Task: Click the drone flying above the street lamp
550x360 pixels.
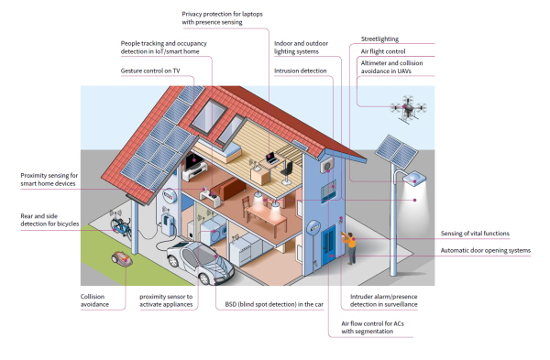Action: pyautogui.click(x=408, y=108)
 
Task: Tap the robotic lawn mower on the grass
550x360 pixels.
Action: pyautogui.click(x=122, y=258)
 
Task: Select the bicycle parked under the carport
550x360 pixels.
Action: pyautogui.click(x=121, y=227)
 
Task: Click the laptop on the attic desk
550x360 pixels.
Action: pyautogui.click(x=271, y=158)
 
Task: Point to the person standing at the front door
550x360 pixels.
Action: pyautogui.click(x=350, y=247)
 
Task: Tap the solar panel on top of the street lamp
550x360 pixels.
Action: pyautogui.click(x=396, y=151)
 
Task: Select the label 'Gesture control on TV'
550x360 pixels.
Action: pyautogui.click(x=150, y=71)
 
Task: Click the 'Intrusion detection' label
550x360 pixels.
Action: pyautogui.click(x=301, y=71)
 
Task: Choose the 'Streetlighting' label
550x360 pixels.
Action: pyautogui.click(x=379, y=38)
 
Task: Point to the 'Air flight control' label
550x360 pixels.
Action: pyautogui.click(x=383, y=51)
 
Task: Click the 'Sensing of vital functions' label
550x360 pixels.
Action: pyautogui.click(x=475, y=234)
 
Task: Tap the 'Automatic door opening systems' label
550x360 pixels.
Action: pyautogui.click(x=486, y=251)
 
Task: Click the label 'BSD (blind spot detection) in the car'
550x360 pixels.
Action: pyautogui.click(x=274, y=304)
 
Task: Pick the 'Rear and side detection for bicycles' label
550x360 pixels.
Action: pyautogui.click(x=49, y=220)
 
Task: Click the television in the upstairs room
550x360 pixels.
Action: pyautogui.click(x=193, y=161)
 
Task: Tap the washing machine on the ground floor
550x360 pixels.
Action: pyautogui.click(x=214, y=231)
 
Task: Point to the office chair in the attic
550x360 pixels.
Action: pyautogui.click(x=287, y=172)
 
